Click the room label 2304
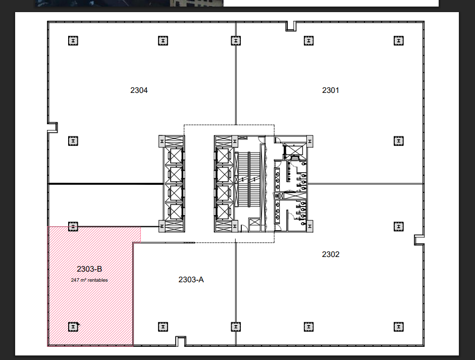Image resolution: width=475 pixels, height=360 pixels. (139, 90)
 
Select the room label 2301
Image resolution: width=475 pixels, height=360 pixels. (331, 90)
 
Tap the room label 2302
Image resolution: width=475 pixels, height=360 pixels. (331, 254)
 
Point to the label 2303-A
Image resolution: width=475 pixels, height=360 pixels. (191, 280)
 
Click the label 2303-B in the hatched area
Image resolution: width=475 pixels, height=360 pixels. (89, 269)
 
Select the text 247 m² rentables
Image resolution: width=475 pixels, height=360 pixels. (89, 280)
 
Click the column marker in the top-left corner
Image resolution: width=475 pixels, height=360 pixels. (73, 40)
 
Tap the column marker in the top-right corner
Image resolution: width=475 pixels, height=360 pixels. (399, 40)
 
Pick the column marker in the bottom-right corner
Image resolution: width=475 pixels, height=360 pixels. (399, 327)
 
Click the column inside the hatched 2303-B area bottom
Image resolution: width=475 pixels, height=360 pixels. (73, 327)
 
